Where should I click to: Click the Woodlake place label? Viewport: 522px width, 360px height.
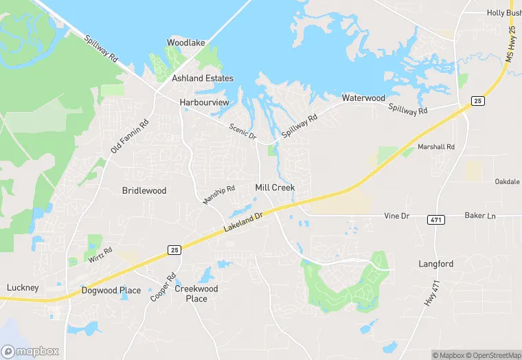(x=186, y=43)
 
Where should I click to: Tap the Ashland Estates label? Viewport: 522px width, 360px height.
(x=203, y=78)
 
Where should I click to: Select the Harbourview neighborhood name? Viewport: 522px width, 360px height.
(x=204, y=102)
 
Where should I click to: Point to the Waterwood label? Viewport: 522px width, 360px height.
(x=363, y=98)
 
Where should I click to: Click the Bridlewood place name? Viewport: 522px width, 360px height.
(x=144, y=190)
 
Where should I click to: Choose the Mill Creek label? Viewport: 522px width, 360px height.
(x=275, y=188)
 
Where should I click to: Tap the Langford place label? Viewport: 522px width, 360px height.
(x=436, y=264)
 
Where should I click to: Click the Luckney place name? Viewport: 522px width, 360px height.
(x=23, y=287)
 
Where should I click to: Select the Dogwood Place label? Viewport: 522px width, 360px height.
(x=111, y=291)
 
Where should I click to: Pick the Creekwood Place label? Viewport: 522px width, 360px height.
(x=196, y=293)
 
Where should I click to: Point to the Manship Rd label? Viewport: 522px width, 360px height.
(x=219, y=194)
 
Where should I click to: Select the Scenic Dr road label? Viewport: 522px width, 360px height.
(x=243, y=131)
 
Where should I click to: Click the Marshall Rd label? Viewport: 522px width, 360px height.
(x=436, y=147)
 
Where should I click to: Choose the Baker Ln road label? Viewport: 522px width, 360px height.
(x=479, y=216)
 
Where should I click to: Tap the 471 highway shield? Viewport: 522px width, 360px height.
(x=435, y=219)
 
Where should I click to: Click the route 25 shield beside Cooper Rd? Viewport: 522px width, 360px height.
(x=174, y=251)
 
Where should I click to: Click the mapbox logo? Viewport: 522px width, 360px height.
(x=30, y=351)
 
